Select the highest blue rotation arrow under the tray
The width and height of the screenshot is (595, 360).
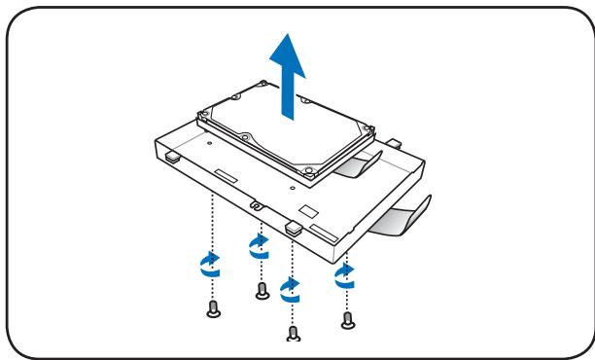tap(259, 243)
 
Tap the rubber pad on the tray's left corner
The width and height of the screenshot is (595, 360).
tap(170, 154)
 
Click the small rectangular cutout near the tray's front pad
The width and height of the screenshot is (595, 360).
tap(308, 209)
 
